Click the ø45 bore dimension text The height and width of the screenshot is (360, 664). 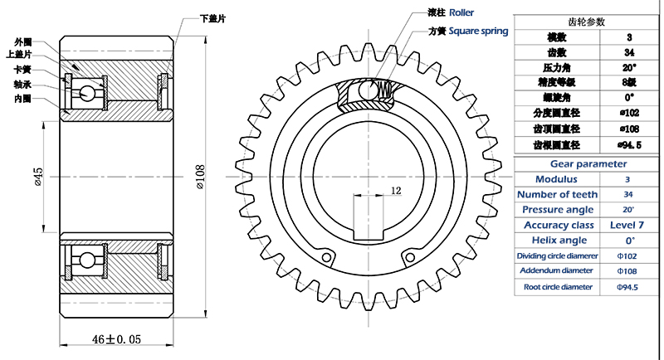(x=38, y=177)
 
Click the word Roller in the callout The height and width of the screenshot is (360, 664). (x=461, y=13)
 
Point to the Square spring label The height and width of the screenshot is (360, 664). (x=478, y=32)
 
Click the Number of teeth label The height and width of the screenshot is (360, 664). (x=557, y=194)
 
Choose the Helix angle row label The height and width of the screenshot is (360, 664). (x=557, y=241)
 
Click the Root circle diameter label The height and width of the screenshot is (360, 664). (x=557, y=286)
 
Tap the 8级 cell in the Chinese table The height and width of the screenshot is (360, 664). (x=627, y=82)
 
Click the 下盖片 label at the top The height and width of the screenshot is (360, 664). (x=213, y=17)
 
